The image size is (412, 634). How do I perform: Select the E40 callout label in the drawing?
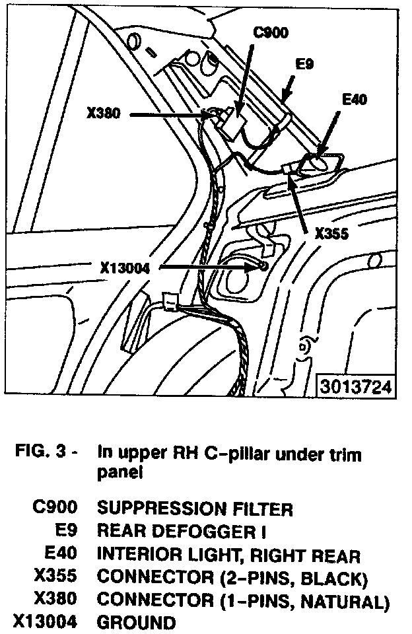(354, 100)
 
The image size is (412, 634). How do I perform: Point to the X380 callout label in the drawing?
(104, 114)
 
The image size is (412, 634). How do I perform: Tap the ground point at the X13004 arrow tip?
(263, 265)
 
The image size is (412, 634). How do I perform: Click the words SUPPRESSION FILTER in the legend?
(195, 509)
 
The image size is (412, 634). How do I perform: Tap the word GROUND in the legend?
(137, 623)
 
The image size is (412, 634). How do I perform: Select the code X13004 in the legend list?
(46, 623)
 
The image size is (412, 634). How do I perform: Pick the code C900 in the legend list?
(55, 509)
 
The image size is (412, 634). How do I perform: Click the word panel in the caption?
(121, 472)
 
